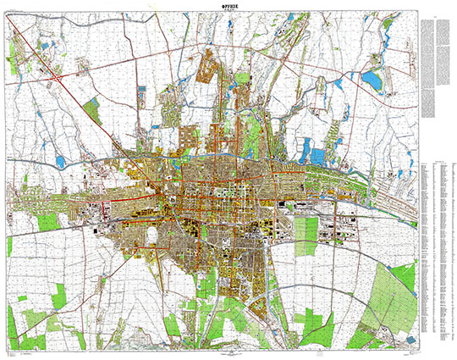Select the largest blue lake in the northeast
point(372,80)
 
